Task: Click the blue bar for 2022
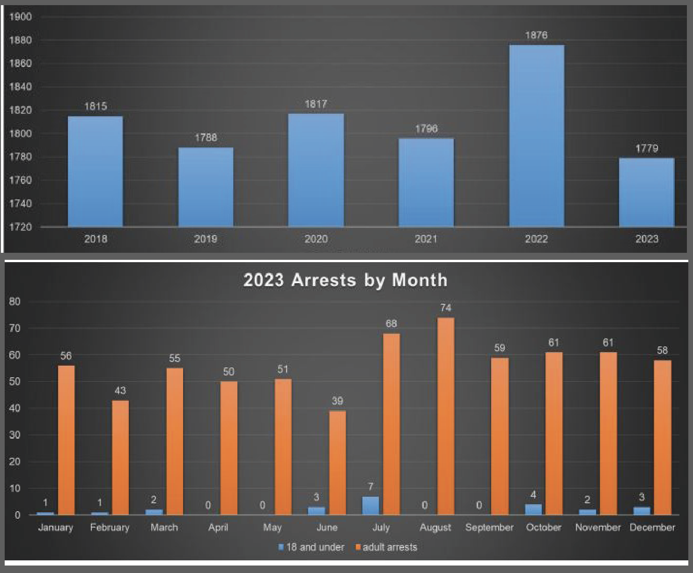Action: click(537, 136)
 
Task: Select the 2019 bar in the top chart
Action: click(206, 187)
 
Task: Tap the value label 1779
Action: click(647, 148)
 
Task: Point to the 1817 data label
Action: click(316, 104)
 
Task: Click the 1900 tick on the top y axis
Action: click(21, 17)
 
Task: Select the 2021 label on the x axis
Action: click(426, 239)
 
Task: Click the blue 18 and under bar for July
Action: click(370, 506)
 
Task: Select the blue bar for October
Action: click(533, 509)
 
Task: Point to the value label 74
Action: click(446, 308)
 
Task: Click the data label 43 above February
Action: click(120, 390)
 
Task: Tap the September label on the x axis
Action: click(489, 528)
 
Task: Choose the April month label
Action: click(218, 528)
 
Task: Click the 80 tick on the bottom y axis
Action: click(15, 301)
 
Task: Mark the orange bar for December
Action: click(663, 437)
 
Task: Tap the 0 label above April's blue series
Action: click(208, 506)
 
